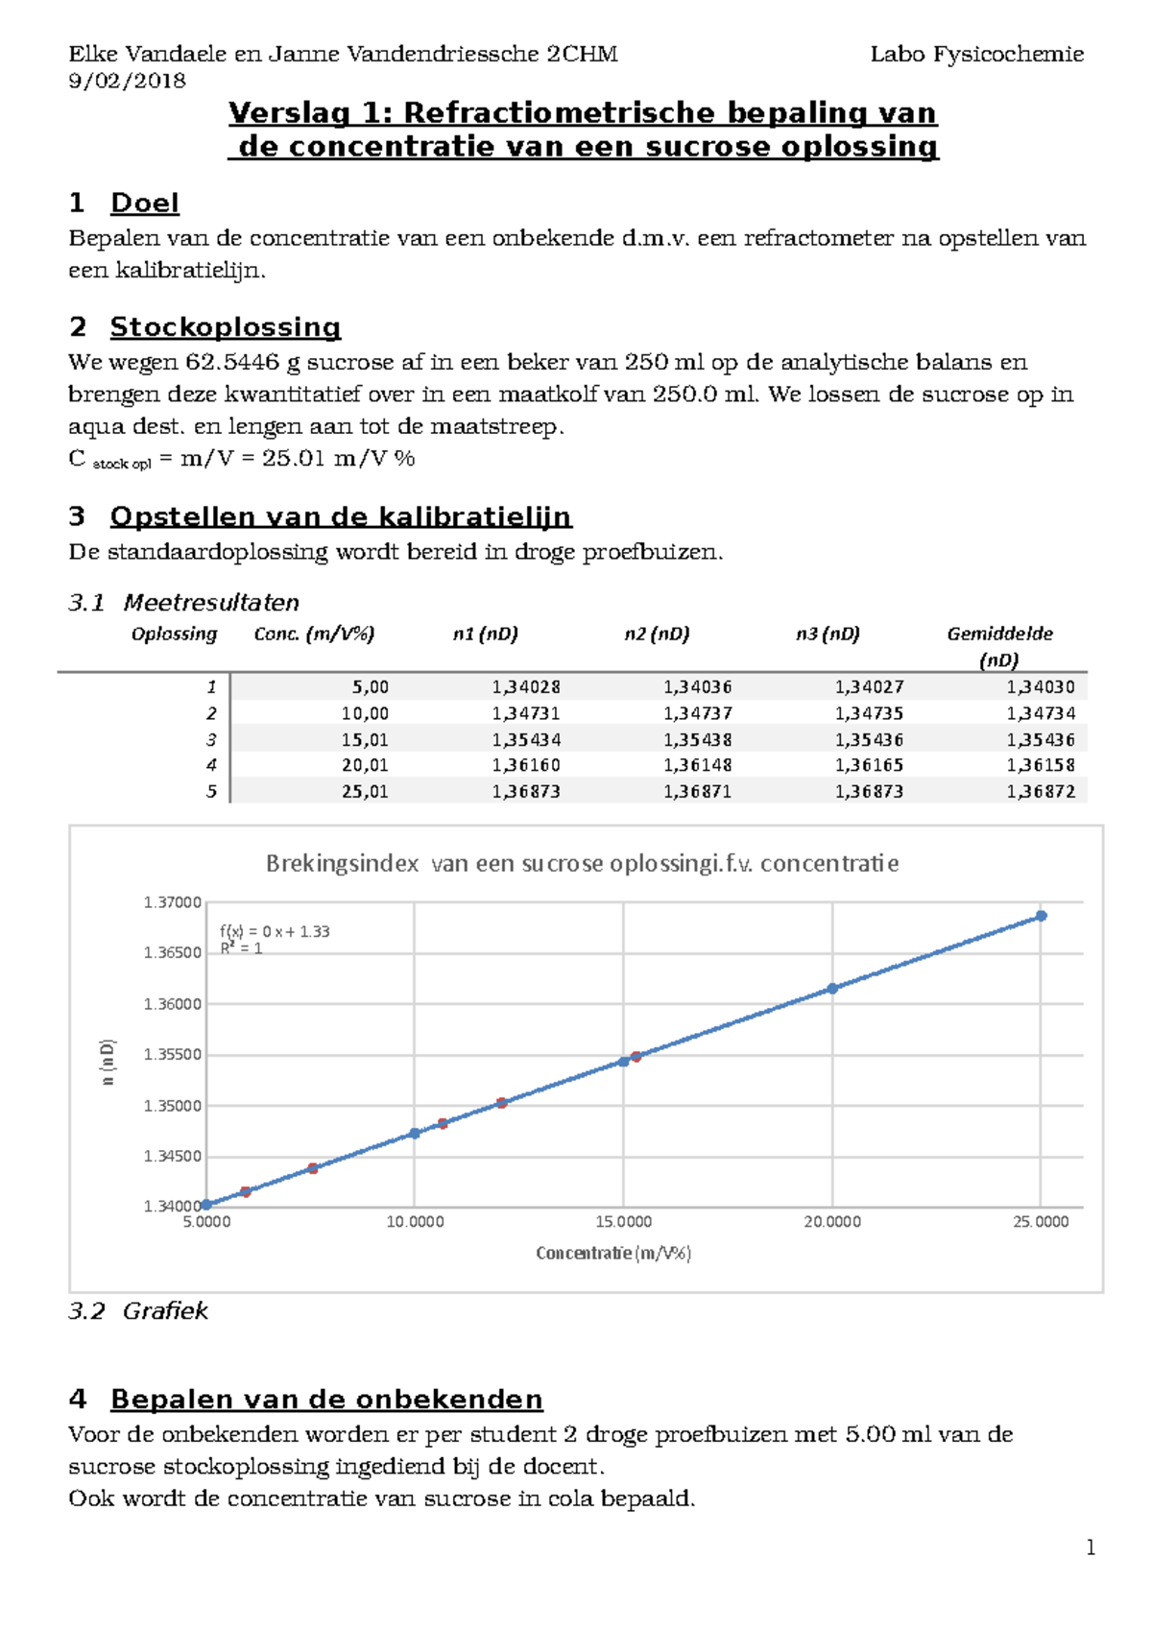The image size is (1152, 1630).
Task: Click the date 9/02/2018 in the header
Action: click(x=127, y=81)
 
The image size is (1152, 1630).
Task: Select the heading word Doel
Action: click(x=144, y=203)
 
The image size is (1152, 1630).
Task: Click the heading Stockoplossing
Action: click(x=225, y=326)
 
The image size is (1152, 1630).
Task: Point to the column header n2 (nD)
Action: click(x=657, y=634)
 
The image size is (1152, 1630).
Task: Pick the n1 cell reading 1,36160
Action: click(x=526, y=765)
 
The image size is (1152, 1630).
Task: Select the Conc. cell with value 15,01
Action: click(x=365, y=739)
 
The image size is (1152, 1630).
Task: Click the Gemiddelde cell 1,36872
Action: click(x=1041, y=791)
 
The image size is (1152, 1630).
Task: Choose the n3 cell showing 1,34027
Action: click(x=869, y=686)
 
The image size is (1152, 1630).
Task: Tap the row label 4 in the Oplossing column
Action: click(x=211, y=765)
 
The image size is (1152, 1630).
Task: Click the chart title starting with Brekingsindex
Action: click(x=582, y=863)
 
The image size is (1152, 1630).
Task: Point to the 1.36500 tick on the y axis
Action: click(x=173, y=952)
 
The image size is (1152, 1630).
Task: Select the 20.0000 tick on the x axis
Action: click(x=832, y=1222)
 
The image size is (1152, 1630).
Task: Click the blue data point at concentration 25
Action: click(x=1041, y=916)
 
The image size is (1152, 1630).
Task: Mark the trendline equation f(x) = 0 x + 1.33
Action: click(x=275, y=931)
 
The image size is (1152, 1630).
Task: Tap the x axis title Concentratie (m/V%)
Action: click(x=613, y=1253)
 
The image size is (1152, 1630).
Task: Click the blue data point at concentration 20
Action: click(x=832, y=988)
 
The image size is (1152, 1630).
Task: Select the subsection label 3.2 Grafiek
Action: click(x=138, y=1310)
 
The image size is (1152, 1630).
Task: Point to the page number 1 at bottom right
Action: click(x=1090, y=1546)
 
